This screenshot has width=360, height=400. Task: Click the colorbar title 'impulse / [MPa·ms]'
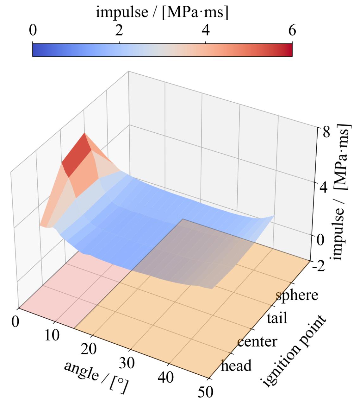(x=162, y=12)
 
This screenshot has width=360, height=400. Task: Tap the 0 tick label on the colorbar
(x=33, y=30)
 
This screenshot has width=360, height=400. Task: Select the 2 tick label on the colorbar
(x=119, y=30)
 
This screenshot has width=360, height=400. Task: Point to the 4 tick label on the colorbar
(x=206, y=30)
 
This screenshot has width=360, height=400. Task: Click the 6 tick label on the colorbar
(x=292, y=30)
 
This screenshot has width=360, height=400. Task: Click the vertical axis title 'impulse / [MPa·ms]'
(x=341, y=191)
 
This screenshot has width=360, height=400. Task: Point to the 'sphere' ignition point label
(x=297, y=295)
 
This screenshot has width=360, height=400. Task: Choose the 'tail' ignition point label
(x=277, y=318)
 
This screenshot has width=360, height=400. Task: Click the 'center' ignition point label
(x=257, y=341)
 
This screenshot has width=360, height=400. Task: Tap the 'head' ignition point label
(x=236, y=365)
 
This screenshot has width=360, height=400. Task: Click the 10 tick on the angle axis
(x=52, y=335)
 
